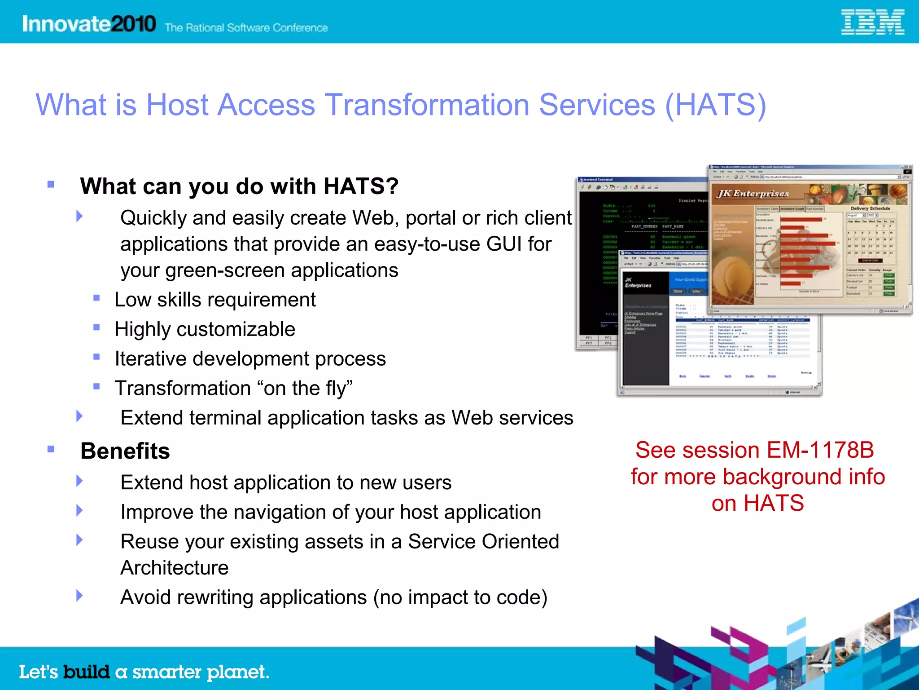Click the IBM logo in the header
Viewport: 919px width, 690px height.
pyautogui.click(x=872, y=22)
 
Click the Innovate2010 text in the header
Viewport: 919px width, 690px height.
pyautogui.click(x=89, y=23)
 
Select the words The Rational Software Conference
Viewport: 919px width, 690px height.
pyautogui.click(x=246, y=28)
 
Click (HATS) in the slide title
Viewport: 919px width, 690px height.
pyautogui.click(x=715, y=105)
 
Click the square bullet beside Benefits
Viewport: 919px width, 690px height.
pyautogui.click(x=51, y=449)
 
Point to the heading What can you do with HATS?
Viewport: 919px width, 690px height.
pyautogui.click(x=239, y=186)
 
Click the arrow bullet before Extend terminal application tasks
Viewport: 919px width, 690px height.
pyautogui.click(x=79, y=416)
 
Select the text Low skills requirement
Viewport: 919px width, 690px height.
pyautogui.click(x=215, y=300)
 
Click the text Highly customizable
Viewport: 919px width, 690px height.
pyautogui.click(x=205, y=329)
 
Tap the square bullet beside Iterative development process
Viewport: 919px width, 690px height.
pyautogui.click(x=96, y=357)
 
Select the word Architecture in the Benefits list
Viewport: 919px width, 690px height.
pyautogui.click(x=175, y=568)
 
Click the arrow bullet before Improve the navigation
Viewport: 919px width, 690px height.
pyautogui.click(x=79, y=510)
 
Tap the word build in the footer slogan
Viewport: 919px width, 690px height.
pyautogui.click(x=86, y=672)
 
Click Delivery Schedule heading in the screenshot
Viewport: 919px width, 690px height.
pyautogui.click(x=870, y=208)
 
